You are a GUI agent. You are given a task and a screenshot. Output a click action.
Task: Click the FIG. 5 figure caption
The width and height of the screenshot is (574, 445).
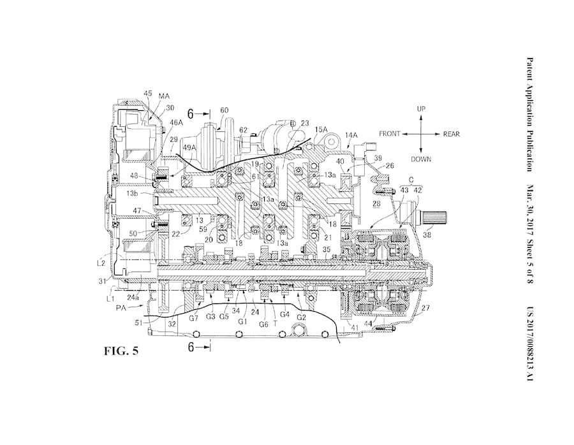tap(118, 350)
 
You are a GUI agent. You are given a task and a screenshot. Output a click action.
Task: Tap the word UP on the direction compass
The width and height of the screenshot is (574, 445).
tap(421, 109)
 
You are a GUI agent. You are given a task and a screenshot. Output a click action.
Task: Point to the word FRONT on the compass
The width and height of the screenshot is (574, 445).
tap(390, 135)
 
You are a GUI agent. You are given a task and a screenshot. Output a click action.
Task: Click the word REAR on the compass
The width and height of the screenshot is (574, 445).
tap(450, 135)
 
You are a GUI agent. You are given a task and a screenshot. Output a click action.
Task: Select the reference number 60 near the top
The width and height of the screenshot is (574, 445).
tap(224, 110)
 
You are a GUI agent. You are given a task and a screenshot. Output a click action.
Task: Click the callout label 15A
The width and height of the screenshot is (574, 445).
tap(320, 129)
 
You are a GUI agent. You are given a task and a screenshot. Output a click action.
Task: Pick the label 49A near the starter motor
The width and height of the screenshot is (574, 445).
tap(189, 148)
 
